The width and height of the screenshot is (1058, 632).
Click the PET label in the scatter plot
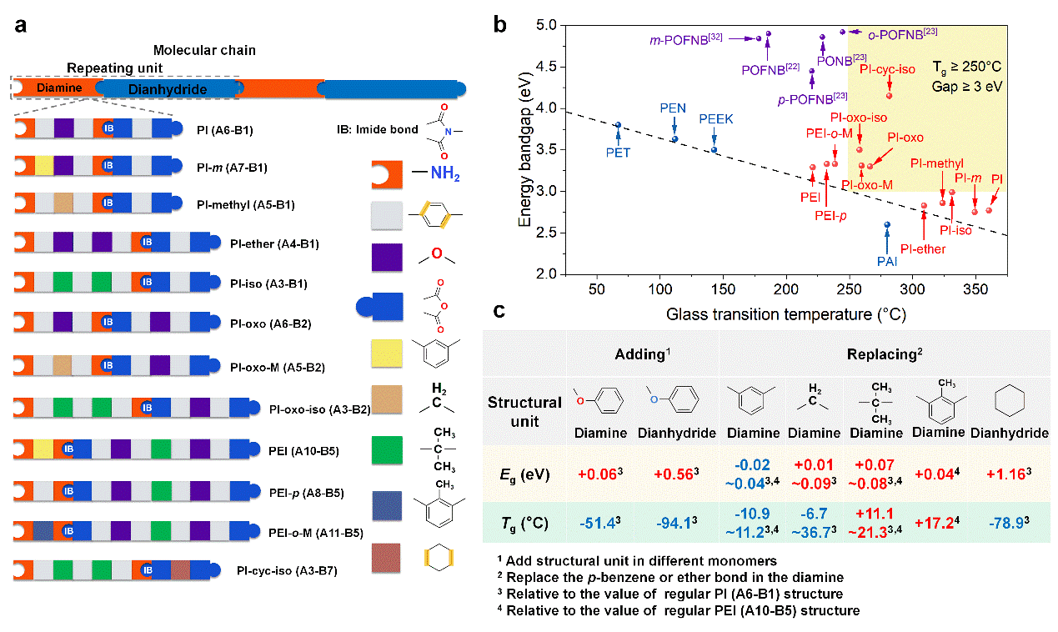pos(618,153)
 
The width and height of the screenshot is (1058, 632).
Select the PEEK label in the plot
pos(716,119)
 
